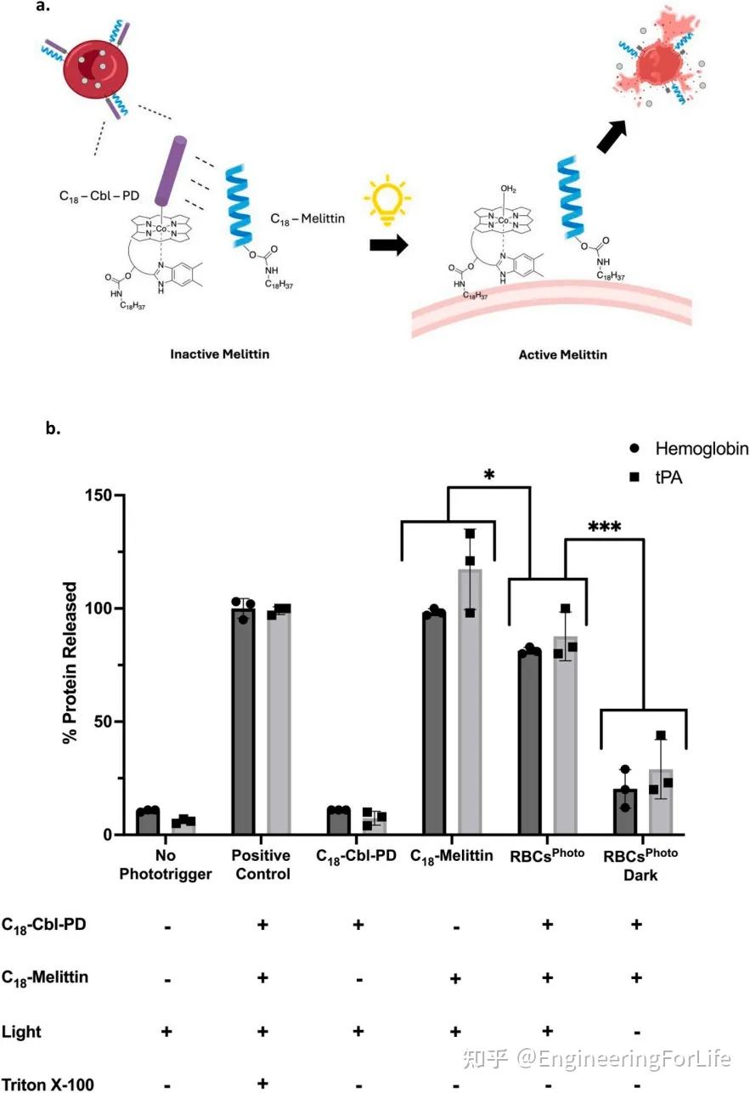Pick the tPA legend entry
click(668, 478)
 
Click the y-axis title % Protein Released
click(72, 664)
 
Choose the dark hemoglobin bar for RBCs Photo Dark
click(625, 811)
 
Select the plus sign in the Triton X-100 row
click(262, 1083)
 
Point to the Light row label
click(21, 1032)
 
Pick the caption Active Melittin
click(562, 354)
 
